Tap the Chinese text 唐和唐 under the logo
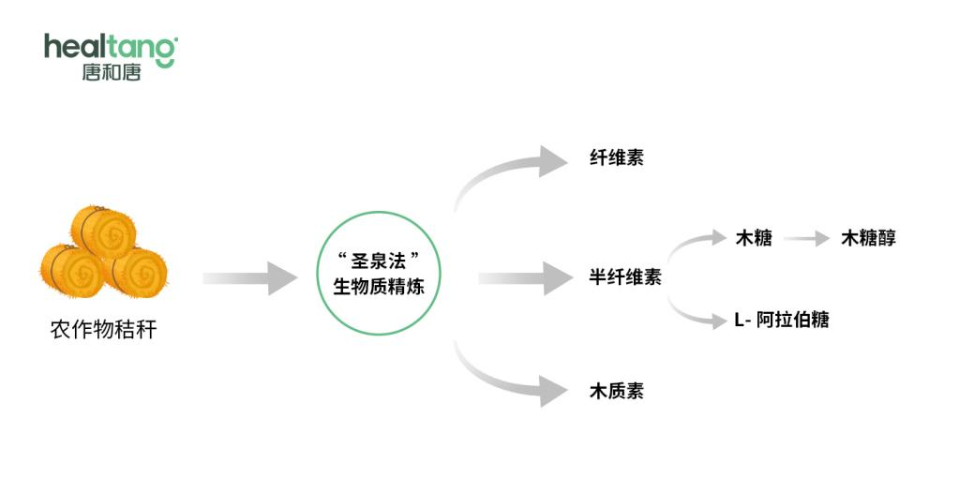112,72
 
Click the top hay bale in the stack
103,231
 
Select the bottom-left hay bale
72,270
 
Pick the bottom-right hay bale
135,272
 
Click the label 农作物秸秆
103,330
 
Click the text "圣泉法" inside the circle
379,259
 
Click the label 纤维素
616,157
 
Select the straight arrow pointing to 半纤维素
526,278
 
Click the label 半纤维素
625,276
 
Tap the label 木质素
616,391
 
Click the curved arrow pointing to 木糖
690,242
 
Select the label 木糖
754,238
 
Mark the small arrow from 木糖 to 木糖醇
807,238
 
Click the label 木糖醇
868,238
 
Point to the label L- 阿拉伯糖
782,320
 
